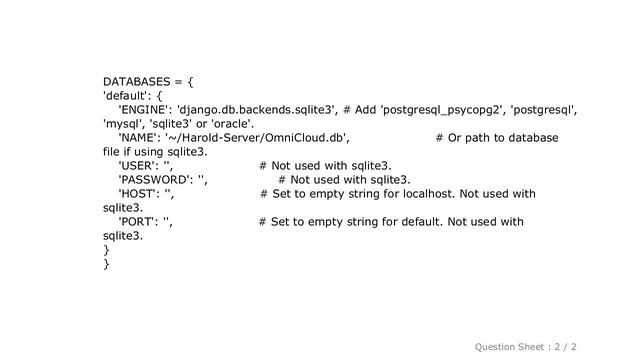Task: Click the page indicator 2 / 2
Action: [593, 345]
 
